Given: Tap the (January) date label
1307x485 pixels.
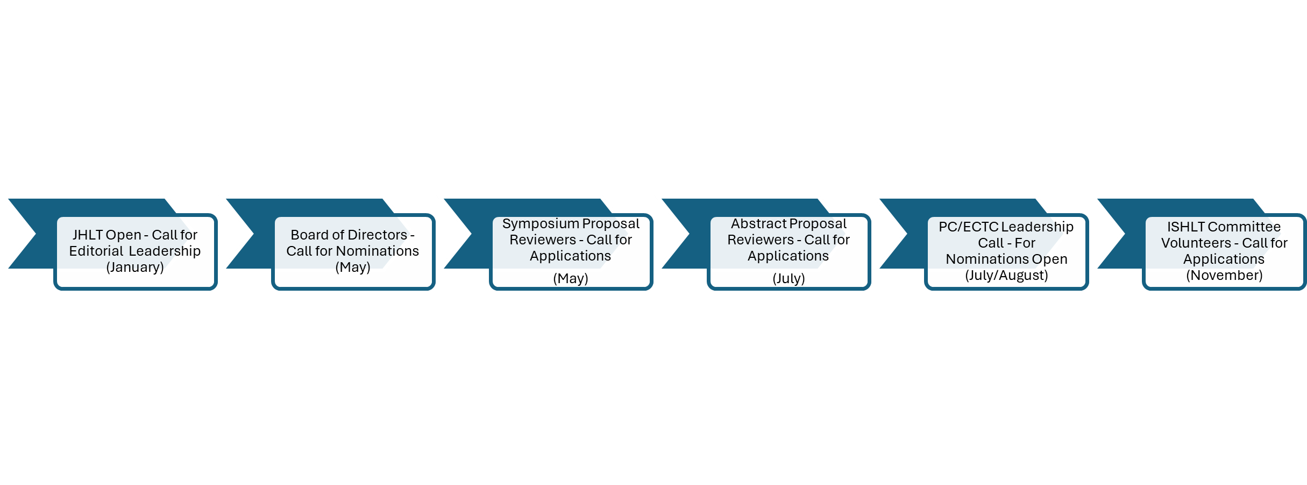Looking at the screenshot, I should point(135,268).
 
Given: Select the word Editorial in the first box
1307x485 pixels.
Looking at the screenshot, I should point(96,251).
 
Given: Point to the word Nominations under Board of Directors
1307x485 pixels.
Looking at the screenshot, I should point(377,251).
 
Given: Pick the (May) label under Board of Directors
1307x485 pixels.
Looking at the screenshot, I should point(353,268).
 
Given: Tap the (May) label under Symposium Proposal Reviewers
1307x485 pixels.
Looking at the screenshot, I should point(571,279).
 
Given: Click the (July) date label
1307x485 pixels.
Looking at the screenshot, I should point(789,279).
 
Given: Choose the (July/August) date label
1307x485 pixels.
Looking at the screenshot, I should point(1006,276).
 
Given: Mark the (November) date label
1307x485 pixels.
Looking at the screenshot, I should point(1224,276).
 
